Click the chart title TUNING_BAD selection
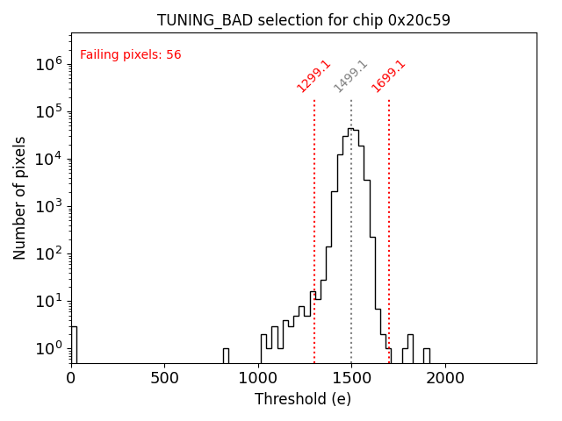pyautogui.click(x=303, y=20)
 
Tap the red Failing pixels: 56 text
pyautogui.click(x=130, y=54)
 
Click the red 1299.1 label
pyautogui.click(x=313, y=76)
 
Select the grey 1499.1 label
pyautogui.click(x=350, y=76)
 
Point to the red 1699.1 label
pyautogui.click(x=388, y=76)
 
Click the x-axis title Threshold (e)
pyautogui.click(x=303, y=399)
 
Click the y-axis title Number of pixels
pyautogui.click(x=20, y=198)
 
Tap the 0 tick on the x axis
pyautogui.click(x=71, y=378)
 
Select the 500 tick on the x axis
pyautogui.click(x=164, y=378)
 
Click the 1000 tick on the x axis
pyautogui.click(x=257, y=378)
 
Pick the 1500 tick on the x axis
pyautogui.click(x=351, y=378)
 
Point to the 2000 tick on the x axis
pyautogui.click(x=444, y=378)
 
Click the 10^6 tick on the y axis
pyautogui.click(x=48, y=64)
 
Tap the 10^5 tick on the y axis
pyautogui.click(x=48, y=111)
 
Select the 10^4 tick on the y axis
pyautogui.click(x=48, y=159)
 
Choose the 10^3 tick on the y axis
pyautogui.click(x=48, y=206)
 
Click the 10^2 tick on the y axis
pyautogui.click(x=48, y=253)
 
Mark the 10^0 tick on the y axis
pyautogui.click(x=48, y=348)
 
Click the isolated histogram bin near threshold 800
pyautogui.click(x=226, y=355)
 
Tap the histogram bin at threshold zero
pyautogui.click(x=74, y=344)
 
